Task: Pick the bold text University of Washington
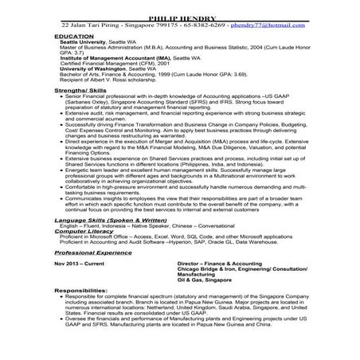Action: [x=90, y=69]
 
